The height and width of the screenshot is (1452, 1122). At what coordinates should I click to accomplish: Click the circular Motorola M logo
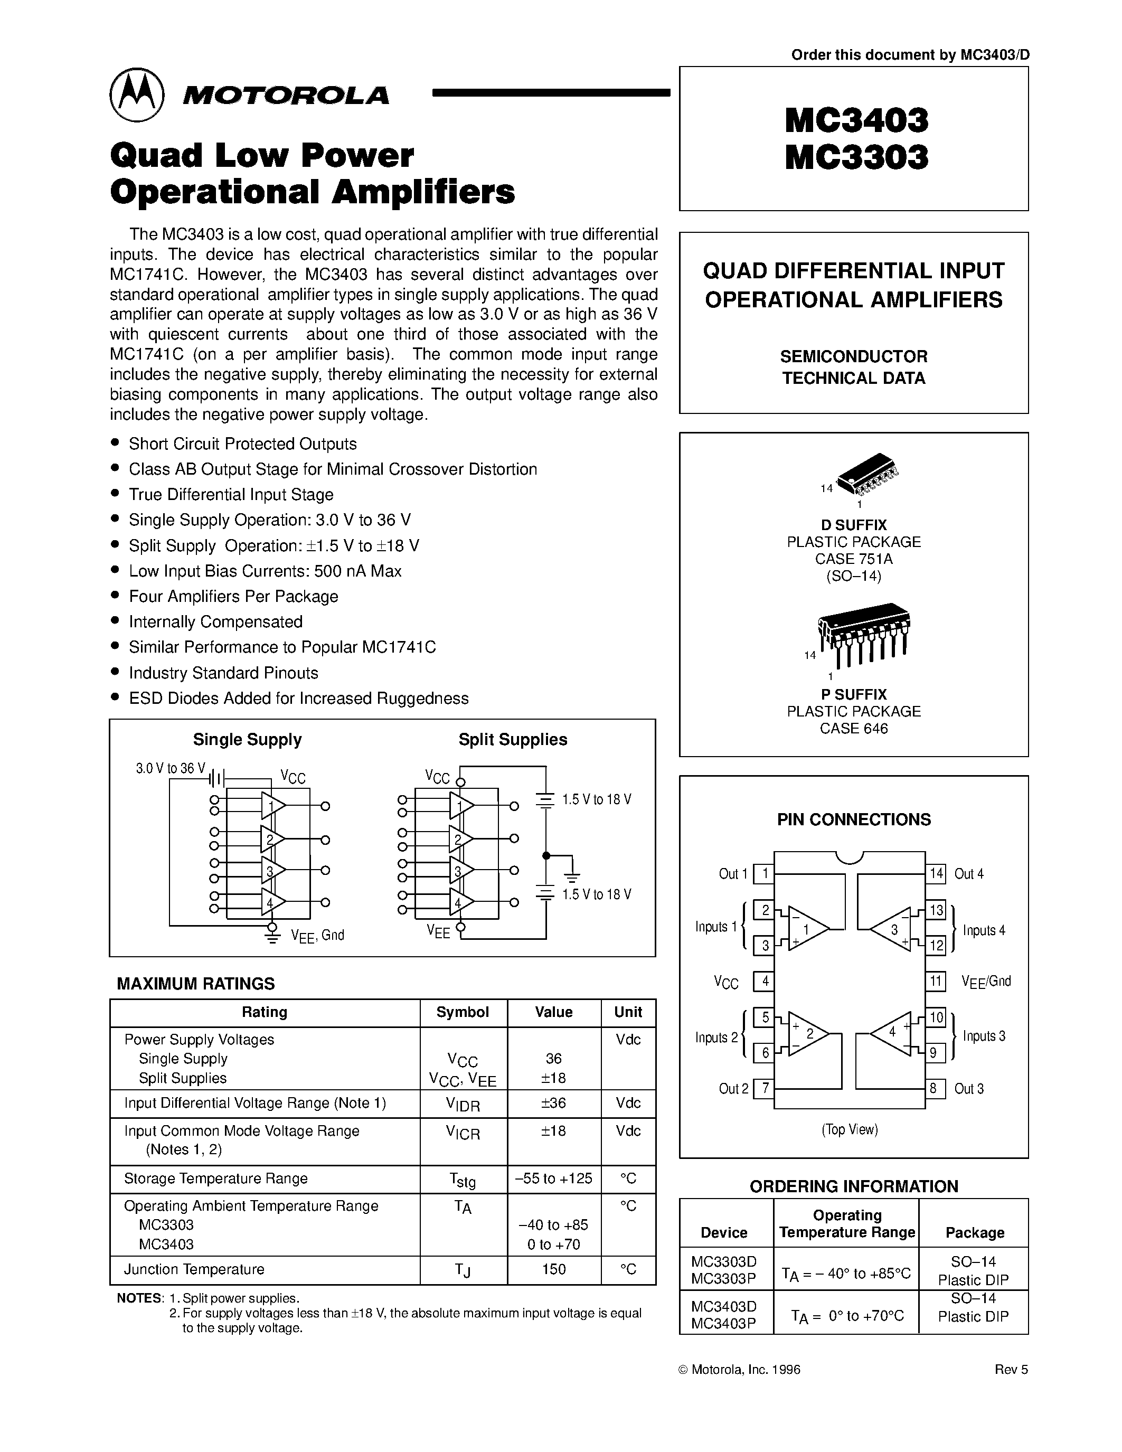[x=136, y=95]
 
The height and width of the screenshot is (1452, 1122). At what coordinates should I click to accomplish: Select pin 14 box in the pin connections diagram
[x=936, y=873]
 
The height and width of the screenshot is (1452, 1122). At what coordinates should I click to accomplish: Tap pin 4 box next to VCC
[x=765, y=980]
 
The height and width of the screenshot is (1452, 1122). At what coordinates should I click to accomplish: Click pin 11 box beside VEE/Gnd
[x=936, y=980]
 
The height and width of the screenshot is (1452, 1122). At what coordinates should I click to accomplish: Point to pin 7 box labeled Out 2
[x=765, y=1088]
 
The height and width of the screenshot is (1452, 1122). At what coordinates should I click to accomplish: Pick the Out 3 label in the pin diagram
[x=968, y=1088]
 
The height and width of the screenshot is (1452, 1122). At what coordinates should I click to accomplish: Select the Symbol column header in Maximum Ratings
[x=463, y=1012]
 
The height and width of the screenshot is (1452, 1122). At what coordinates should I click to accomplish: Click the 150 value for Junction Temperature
[x=554, y=1269]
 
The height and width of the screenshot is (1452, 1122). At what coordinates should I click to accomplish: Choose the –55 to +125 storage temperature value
[x=554, y=1178]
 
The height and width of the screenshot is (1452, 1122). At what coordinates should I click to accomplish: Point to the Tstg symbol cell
[x=463, y=1180]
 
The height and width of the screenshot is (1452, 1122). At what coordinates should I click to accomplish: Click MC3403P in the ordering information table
[x=724, y=1323]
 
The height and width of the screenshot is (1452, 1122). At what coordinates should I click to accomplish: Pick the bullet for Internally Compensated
[x=116, y=621]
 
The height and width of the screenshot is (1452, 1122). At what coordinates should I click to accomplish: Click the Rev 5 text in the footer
[x=1011, y=1388]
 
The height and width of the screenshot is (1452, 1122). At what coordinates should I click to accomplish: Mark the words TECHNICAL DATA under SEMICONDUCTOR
[x=853, y=378]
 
